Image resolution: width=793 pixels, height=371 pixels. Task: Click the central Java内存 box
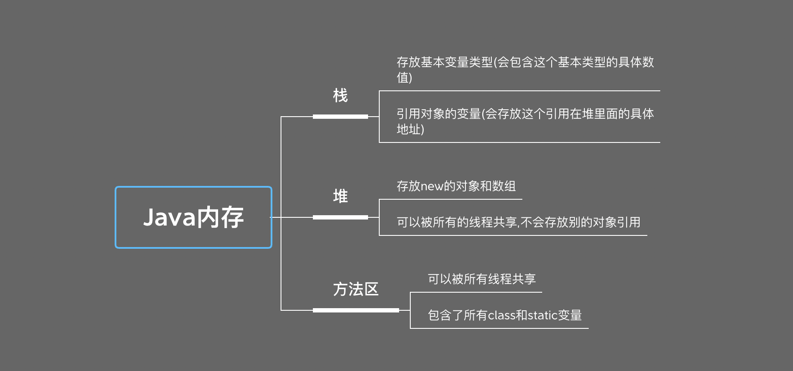(194, 217)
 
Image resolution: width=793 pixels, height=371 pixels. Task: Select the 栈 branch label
(340, 96)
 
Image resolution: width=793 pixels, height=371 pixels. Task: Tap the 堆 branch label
(340, 196)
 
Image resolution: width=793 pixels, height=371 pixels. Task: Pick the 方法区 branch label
(356, 289)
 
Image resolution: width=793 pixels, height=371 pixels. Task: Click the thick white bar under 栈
(340, 116)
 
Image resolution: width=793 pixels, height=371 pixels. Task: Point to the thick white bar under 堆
(340, 217)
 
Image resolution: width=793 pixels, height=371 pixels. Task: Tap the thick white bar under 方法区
(356, 310)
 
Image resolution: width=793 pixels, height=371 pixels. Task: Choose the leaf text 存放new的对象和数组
(456, 186)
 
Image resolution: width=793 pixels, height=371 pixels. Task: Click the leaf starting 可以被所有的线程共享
(518, 222)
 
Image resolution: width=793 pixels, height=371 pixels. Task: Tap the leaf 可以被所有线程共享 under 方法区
(481, 279)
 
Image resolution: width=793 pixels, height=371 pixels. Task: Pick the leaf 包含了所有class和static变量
(504, 315)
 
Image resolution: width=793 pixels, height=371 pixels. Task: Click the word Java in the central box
(169, 217)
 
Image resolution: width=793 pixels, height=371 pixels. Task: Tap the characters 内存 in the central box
(220, 217)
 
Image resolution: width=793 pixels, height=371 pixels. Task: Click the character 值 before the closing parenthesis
(403, 77)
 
